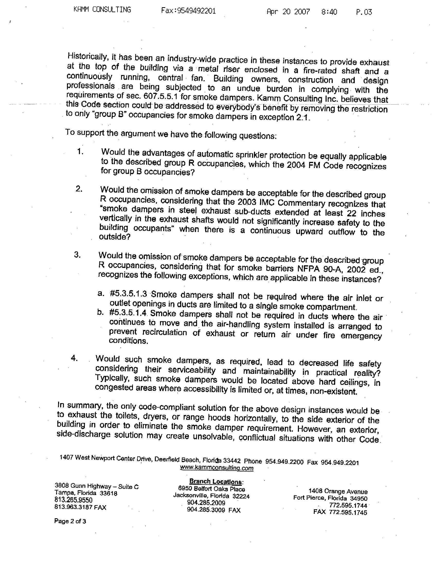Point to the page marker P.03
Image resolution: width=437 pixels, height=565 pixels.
pyautogui.click(x=364, y=12)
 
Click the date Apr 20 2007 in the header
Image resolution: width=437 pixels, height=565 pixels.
pyautogui.click(x=288, y=12)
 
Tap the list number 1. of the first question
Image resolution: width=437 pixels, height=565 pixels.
pyautogui.click(x=80, y=151)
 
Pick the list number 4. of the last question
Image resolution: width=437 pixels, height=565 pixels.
pyautogui.click(x=74, y=358)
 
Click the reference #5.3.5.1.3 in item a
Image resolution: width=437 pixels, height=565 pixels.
pyautogui.click(x=129, y=294)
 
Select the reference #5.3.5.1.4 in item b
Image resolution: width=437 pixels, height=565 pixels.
pyautogui.click(x=128, y=313)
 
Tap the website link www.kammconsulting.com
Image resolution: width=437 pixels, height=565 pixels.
pyautogui.click(x=216, y=468)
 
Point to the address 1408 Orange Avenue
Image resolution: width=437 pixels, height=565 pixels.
pyautogui.click(x=338, y=491)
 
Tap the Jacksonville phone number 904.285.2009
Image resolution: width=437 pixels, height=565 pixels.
pyautogui.click(x=206, y=503)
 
